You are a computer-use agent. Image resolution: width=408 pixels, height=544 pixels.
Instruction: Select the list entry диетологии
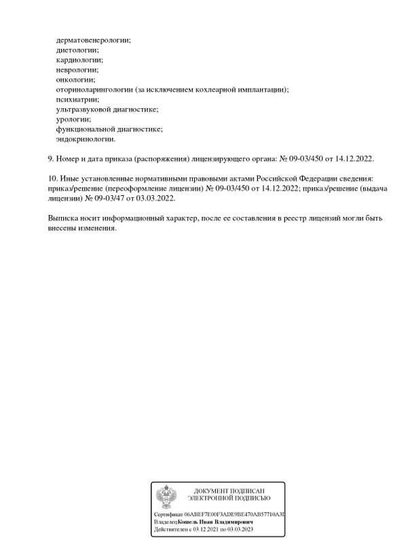77,50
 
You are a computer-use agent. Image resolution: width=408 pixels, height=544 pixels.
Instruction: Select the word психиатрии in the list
77,99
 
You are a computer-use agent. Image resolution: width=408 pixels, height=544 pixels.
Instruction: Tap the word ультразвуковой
84,109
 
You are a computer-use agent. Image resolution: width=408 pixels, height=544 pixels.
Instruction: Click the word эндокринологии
86,139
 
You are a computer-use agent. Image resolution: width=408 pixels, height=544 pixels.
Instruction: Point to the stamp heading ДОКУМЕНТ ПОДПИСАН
228,491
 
